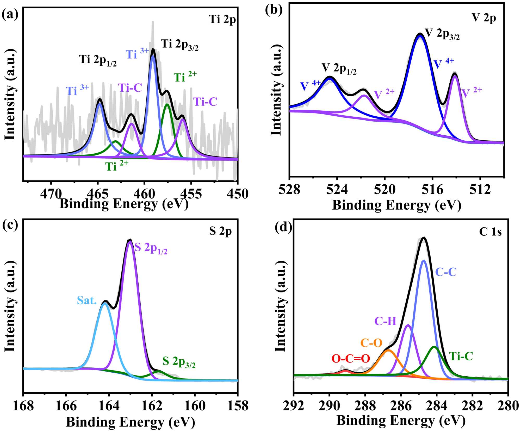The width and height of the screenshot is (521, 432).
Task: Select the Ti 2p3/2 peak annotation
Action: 179,45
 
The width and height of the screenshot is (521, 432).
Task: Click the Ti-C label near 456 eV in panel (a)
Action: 205,102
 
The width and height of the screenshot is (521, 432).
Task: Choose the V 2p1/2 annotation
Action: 339,68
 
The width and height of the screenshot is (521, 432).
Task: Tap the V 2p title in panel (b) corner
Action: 484,18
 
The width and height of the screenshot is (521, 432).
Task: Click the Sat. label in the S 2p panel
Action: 87,300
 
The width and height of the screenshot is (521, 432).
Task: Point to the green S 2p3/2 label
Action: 179,362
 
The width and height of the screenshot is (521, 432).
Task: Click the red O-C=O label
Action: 351,359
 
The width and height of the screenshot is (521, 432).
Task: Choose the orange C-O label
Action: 371,343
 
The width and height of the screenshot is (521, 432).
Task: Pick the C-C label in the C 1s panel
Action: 446,272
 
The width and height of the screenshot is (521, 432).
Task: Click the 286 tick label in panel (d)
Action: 401,406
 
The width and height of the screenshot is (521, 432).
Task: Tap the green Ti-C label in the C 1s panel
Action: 461,356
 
